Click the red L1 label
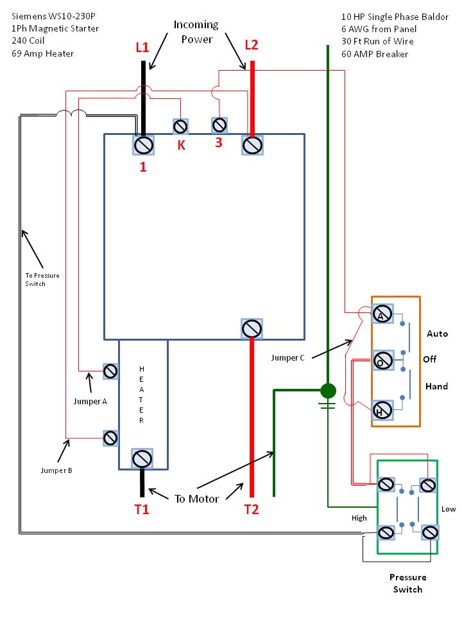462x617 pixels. [142, 47]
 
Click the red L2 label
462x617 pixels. [252, 45]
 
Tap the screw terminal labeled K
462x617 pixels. [181, 125]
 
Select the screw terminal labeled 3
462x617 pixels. [220, 123]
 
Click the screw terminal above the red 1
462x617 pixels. [142, 145]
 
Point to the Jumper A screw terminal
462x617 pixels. [110, 371]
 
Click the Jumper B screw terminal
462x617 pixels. [110, 438]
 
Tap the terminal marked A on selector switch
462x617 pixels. [382, 315]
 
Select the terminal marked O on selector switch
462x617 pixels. [383, 360]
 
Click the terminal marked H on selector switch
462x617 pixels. [383, 409]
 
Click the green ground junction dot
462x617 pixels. [328, 390]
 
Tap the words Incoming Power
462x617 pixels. [196, 31]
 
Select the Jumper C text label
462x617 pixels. [288, 358]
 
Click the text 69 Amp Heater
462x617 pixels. [42, 53]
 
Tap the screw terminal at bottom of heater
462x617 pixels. [142, 458]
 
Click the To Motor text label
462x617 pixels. [196, 499]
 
